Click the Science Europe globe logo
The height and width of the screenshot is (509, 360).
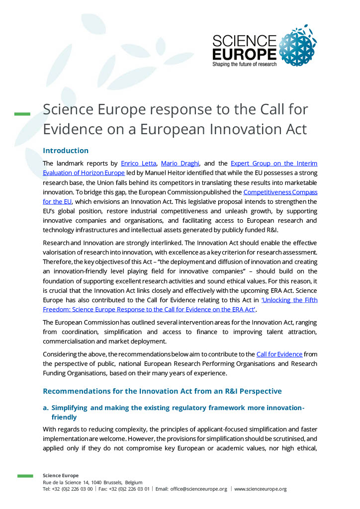(x=298, y=46)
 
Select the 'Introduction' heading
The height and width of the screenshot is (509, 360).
(x=66, y=151)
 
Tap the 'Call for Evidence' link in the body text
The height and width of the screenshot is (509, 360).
(x=279, y=354)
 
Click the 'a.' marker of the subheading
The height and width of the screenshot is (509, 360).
(x=46, y=408)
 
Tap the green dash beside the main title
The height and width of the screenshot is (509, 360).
(x=22, y=114)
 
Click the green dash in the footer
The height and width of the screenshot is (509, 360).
(x=25, y=476)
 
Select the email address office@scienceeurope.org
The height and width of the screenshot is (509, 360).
(x=198, y=489)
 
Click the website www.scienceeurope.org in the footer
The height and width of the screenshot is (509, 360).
(x=260, y=489)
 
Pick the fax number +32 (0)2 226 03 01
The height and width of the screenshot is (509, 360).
(x=129, y=489)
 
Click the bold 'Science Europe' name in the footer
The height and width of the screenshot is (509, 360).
(x=61, y=476)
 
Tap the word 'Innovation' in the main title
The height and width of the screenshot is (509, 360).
(x=244, y=128)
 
